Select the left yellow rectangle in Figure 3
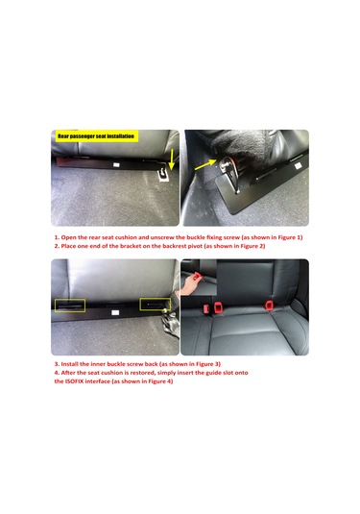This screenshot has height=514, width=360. click(x=73, y=306)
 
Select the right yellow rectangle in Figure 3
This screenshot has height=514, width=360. click(x=155, y=305)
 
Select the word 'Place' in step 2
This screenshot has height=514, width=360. click(x=74, y=245)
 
